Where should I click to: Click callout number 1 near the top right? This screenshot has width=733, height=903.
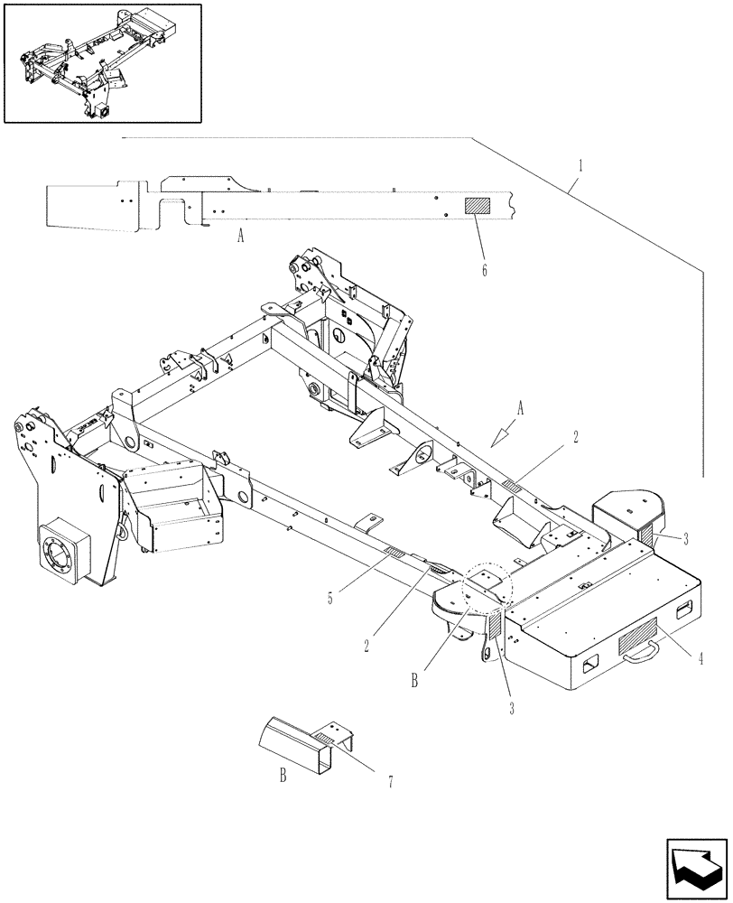click(580, 166)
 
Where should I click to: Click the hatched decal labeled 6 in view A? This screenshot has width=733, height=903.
click(477, 205)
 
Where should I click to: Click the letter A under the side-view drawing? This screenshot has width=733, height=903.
click(240, 237)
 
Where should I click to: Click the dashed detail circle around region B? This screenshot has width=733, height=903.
click(487, 588)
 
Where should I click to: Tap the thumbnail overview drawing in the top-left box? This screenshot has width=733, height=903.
click(103, 63)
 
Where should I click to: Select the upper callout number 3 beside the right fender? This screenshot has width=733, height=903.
click(686, 539)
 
